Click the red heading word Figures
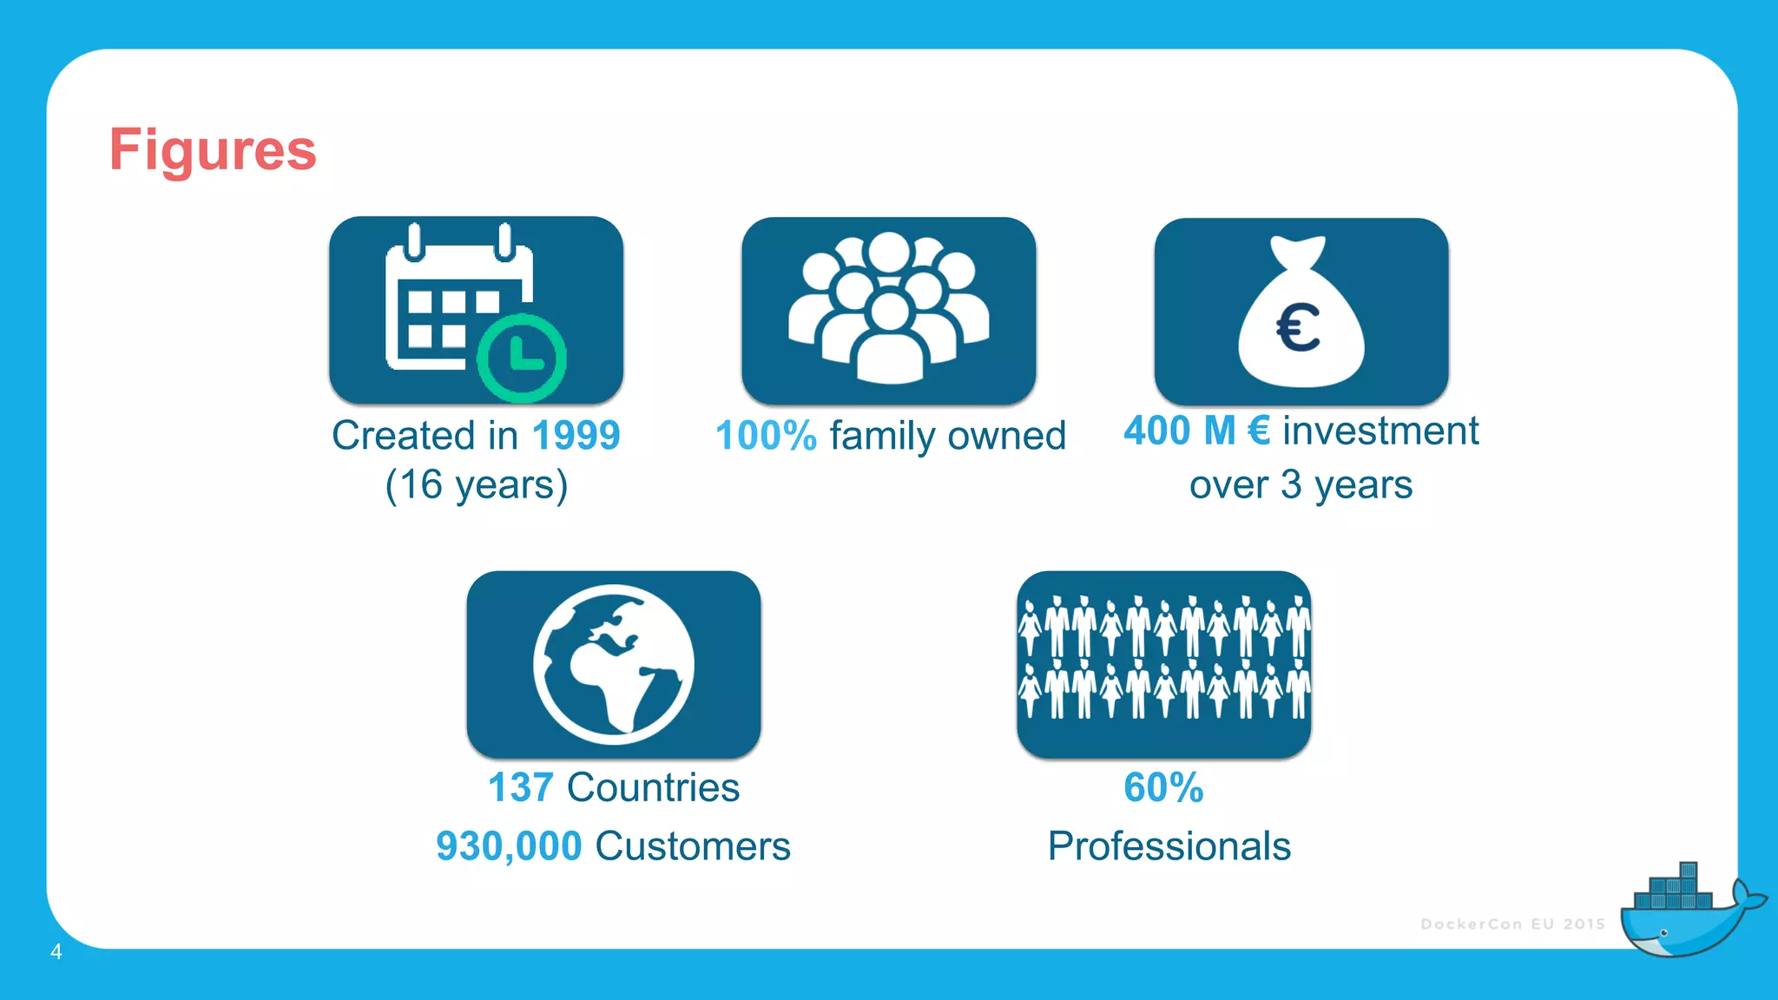point(213,150)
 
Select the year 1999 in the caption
point(576,436)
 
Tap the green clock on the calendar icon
point(522,357)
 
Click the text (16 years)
point(476,484)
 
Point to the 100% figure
point(766,436)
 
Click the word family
point(882,436)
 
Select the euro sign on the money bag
point(1298,328)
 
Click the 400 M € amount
point(1196,431)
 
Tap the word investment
point(1380,431)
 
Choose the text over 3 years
point(1301,484)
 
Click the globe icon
point(614,664)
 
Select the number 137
point(520,788)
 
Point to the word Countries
point(653,788)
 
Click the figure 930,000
point(509,846)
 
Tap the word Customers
point(693,846)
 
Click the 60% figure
point(1163,788)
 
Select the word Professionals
point(1169,846)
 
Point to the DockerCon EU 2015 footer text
point(1512,924)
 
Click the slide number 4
point(56,951)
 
